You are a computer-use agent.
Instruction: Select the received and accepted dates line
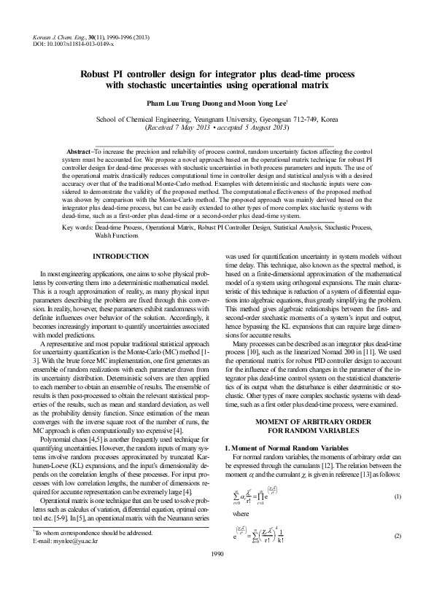217,129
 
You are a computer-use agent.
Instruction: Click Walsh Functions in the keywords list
115,236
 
